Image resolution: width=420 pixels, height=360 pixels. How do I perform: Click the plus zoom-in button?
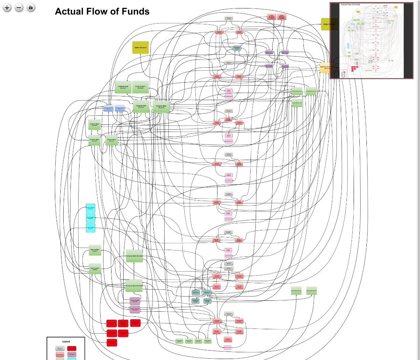point(7,7)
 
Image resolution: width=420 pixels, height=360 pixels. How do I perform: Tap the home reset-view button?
point(30,7)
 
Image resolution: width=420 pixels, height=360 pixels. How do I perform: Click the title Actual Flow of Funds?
point(102,12)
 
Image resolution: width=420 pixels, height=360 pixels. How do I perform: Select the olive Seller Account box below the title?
point(140,48)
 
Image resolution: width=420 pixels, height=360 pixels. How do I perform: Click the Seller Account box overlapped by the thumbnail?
point(325,24)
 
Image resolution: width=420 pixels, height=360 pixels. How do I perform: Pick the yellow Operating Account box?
point(324,67)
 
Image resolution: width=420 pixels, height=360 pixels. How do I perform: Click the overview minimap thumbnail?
point(372,41)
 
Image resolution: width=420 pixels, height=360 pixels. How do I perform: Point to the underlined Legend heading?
point(66,341)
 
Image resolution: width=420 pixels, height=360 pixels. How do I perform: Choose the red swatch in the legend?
point(71,348)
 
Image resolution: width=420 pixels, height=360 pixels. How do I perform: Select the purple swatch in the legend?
point(71,354)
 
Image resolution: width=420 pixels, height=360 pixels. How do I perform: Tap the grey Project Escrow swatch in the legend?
point(60,348)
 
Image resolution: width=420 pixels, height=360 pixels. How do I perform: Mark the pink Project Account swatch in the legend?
point(60,354)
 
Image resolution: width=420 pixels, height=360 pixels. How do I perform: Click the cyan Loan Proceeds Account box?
point(90,228)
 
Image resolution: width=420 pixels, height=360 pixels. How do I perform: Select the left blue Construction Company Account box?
point(108,108)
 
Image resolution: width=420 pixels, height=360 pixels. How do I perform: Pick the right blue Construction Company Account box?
point(120,108)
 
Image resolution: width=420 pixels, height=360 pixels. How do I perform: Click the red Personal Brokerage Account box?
point(123,323)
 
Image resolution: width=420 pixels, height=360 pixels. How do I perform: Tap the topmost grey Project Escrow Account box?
point(229,18)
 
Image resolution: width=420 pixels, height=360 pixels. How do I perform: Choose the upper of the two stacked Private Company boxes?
point(135,300)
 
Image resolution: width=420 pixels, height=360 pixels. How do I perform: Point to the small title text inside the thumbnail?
point(350,5)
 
